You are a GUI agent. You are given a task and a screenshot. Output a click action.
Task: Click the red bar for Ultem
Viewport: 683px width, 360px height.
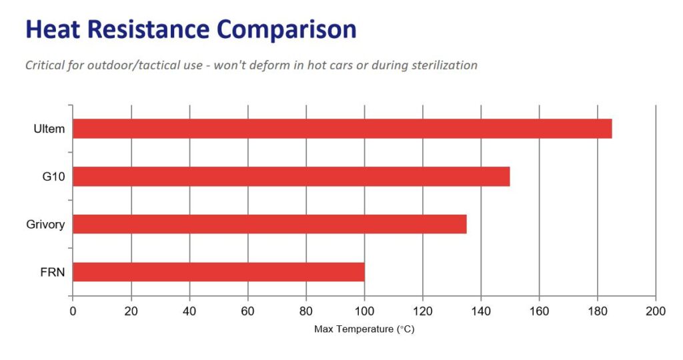coord(341,129)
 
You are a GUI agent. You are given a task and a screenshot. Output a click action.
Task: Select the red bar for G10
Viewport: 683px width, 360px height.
coord(291,177)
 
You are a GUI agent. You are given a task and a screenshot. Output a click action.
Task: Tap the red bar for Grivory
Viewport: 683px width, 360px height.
coord(269,224)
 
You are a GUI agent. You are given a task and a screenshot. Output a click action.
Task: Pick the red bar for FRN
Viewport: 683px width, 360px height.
coord(218,272)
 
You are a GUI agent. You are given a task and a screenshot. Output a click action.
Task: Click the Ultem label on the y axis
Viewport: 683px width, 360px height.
coord(49,129)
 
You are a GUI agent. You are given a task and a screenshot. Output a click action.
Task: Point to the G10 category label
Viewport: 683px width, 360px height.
coord(53,177)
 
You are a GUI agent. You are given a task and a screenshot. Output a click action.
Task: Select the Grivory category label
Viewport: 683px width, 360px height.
coord(45,224)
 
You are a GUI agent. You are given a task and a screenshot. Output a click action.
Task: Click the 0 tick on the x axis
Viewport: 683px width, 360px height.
coord(73,311)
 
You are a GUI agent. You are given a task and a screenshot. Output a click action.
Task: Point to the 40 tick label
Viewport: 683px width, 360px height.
coord(189,311)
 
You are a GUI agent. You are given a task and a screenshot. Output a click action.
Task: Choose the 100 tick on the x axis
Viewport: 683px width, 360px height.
coord(364,311)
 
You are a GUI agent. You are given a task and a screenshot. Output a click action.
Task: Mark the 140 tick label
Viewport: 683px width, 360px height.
coord(481,311)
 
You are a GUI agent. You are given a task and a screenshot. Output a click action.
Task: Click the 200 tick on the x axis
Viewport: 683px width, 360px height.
coord(656,311)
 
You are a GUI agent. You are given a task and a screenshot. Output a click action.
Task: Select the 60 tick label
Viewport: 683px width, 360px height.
coord(247,311)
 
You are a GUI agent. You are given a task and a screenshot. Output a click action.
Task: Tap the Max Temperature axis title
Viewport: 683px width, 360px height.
coord(364,329)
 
